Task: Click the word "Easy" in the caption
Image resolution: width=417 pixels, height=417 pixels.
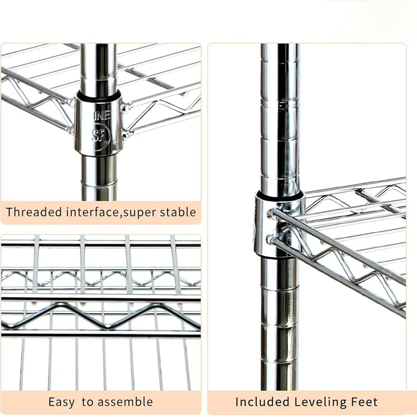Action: [x=61, y=402]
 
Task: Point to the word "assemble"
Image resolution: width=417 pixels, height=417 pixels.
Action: [x=125, y=402]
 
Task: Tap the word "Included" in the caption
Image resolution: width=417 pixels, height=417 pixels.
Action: [x=262, y=402]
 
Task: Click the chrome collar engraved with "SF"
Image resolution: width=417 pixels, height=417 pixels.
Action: [x=98, y=125]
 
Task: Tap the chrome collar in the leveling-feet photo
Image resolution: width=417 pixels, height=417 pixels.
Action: [x=264, y=226]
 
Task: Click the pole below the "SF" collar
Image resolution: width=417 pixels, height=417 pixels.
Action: [x=99, y=177]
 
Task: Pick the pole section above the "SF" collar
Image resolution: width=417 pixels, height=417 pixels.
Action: [x=99, y=66]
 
